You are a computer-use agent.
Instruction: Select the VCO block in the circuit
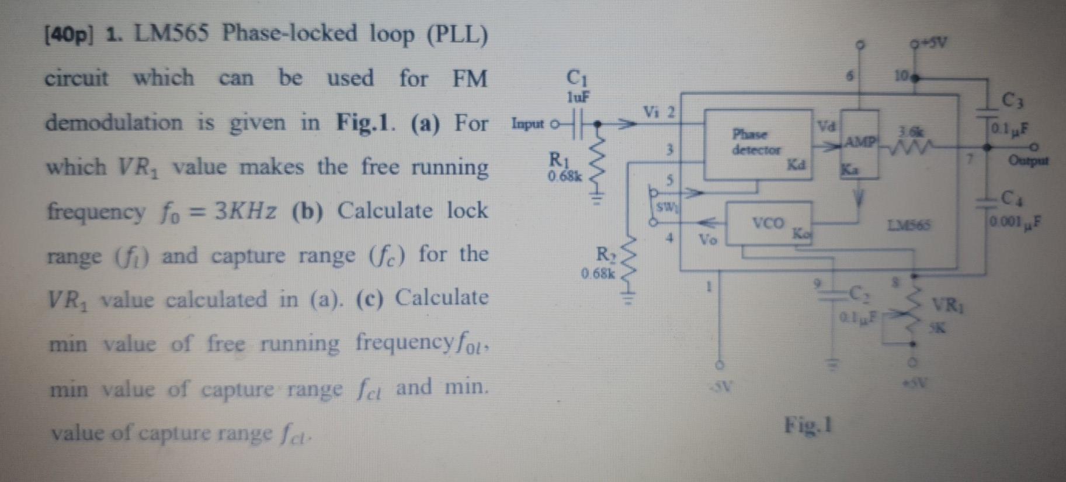point(768,223)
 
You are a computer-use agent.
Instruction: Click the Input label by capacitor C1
point(527,125)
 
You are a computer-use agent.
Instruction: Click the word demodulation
point(114,123)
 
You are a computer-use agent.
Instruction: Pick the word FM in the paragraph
point(470,78)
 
